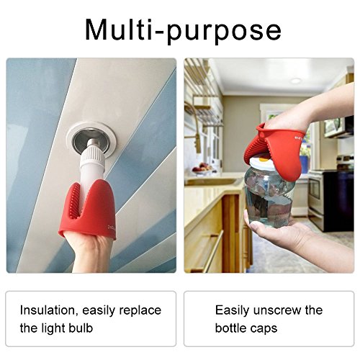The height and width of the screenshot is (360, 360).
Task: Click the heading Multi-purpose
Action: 183,30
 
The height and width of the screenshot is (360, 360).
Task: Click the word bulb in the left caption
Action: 81,328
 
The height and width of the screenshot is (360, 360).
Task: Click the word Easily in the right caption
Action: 233,310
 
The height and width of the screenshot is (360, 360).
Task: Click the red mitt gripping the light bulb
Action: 88,210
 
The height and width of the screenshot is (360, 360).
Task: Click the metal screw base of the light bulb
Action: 92,143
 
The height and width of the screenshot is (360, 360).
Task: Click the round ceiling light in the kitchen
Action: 295,81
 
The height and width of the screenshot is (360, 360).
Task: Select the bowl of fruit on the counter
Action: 203,168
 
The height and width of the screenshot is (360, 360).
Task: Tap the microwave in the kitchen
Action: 339,127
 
